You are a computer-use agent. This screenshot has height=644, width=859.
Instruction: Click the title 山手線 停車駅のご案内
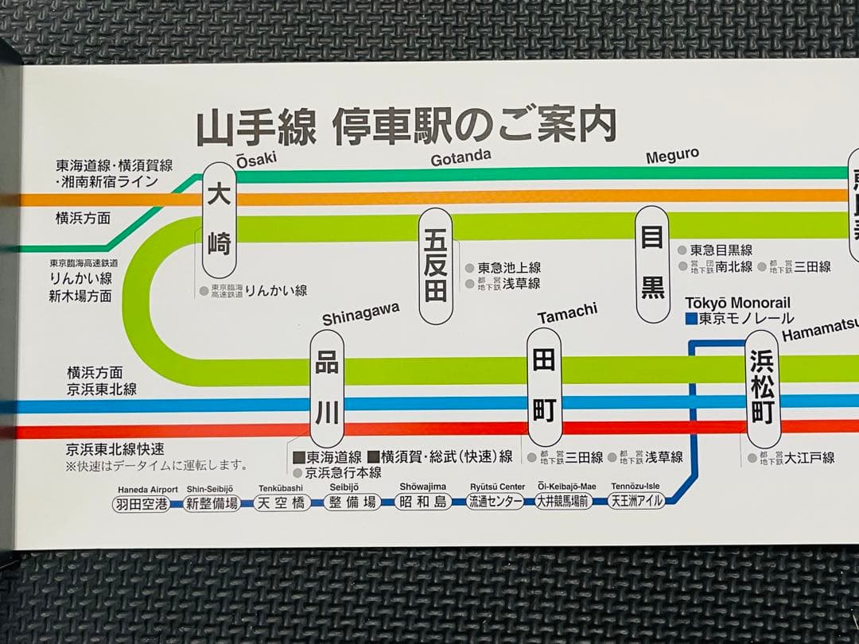pos(406,127)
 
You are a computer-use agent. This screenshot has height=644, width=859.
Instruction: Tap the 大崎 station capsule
pos(220,220)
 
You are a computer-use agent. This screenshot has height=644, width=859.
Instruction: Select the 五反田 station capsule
pos(436,266)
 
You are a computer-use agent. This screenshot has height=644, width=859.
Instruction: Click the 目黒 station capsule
pos(653,264)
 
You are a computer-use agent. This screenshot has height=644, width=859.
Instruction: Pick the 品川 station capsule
pos(327,389)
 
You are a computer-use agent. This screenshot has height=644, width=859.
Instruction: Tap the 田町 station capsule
pos(544,386)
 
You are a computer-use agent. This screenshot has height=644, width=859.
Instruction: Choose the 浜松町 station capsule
pos(763,389)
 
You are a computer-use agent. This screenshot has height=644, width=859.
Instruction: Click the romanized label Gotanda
pos(461,157)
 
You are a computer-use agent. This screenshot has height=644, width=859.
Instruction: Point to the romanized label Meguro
pos(672,155)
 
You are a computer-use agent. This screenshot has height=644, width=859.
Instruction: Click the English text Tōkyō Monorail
pos(737,303)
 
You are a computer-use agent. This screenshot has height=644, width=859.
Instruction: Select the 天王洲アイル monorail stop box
pos(636,501)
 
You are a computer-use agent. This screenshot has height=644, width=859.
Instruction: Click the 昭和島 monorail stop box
pos(423,502)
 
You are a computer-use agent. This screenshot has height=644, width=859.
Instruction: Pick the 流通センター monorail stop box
pos(495,502)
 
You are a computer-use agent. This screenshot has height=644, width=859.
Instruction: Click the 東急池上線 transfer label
pos(509,268)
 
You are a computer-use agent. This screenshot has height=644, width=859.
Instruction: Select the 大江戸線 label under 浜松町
pos(810,457)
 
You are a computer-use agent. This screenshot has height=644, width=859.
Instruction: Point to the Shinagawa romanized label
pos(360,316)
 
